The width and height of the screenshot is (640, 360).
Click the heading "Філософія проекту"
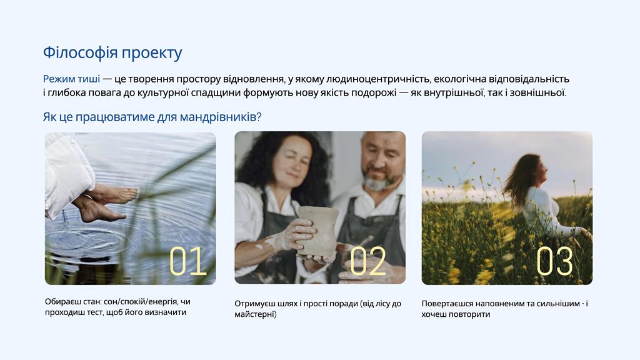pos(112,53)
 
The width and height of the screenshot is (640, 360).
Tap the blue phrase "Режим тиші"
pos(71,79)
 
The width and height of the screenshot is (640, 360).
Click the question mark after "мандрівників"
pos(259,117)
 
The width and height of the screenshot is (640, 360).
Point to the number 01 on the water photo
pos(187,261)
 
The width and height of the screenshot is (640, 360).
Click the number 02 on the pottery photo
pos(367,261)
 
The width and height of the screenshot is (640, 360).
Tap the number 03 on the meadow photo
pos(555,261)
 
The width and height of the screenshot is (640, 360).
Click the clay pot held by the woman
pos(317,231)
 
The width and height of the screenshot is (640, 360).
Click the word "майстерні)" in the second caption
pos(256,314)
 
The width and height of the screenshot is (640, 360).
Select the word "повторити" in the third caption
pos(472,314)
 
